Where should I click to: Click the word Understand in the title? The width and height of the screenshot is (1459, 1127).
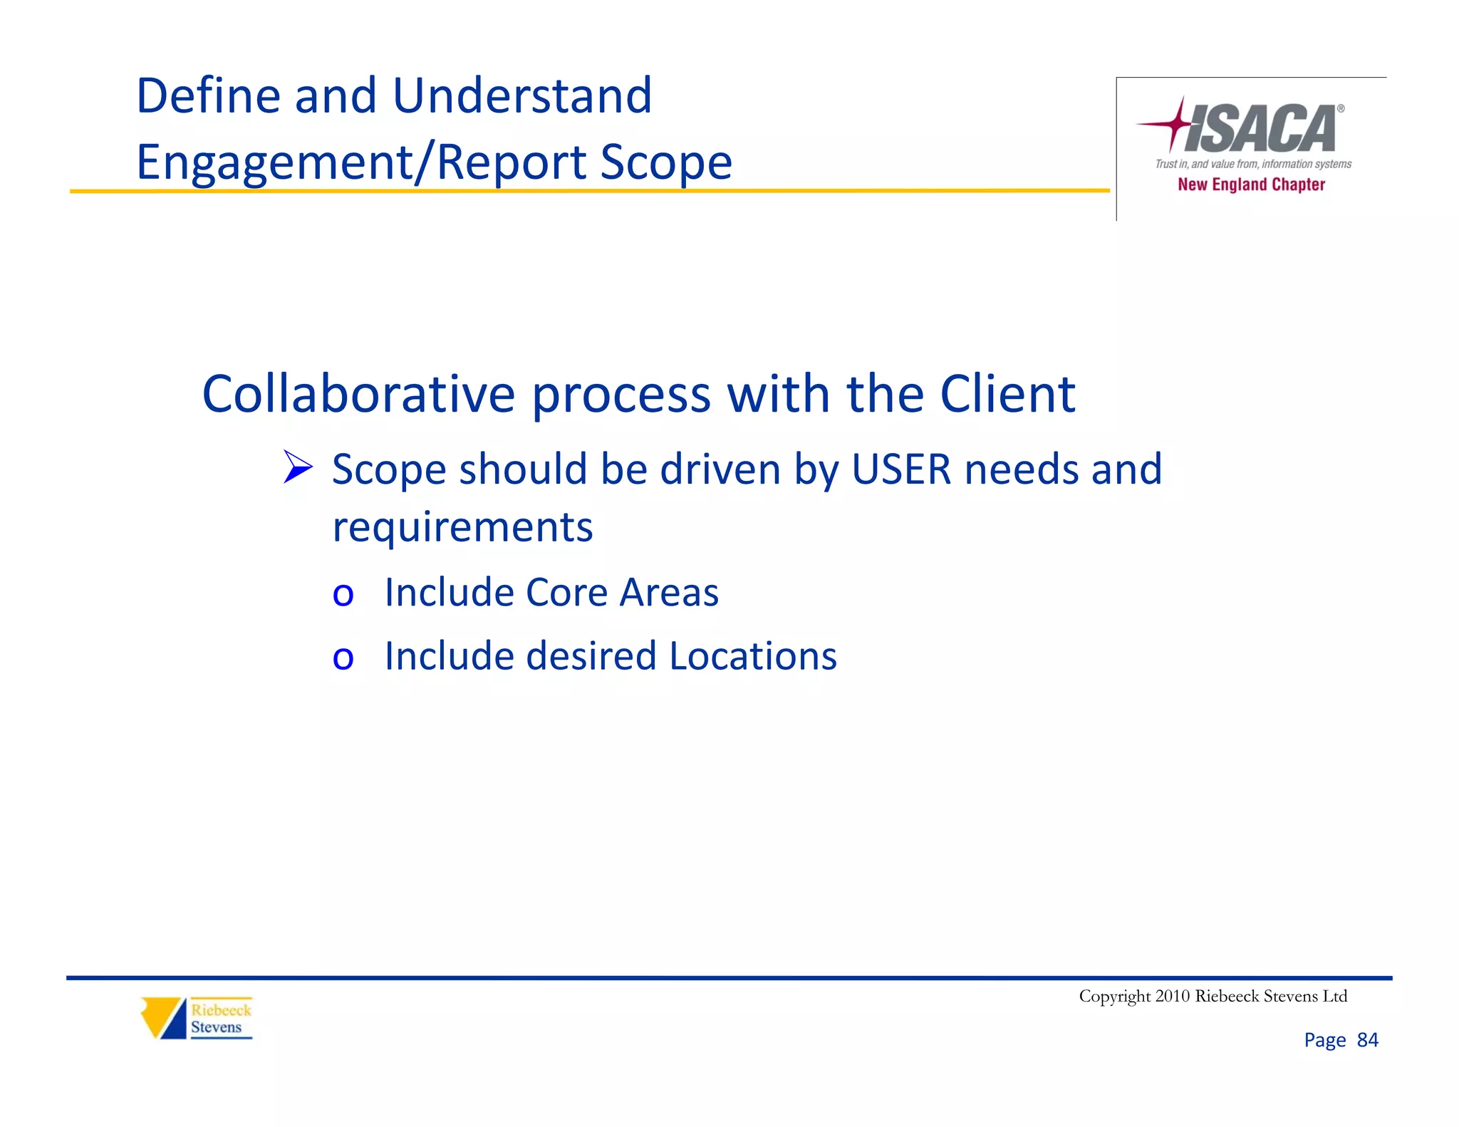(x=522, y=95)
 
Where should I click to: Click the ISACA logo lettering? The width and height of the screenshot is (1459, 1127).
(x=1261, y=129)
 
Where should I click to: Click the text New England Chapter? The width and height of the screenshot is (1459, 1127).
(x=1251, y=185)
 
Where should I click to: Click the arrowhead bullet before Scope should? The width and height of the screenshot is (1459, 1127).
(x=298, y=467)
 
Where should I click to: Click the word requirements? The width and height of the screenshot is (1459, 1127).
(x=462, y=528)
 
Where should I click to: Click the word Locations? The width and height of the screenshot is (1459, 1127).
(x=753, y=656)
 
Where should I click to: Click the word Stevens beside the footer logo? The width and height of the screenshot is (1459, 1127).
(x=216, y=1027)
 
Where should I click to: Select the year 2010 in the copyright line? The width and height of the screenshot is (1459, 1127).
(x=1172, y=996)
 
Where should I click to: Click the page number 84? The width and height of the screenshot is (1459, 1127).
(x=1367, y=1040)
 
